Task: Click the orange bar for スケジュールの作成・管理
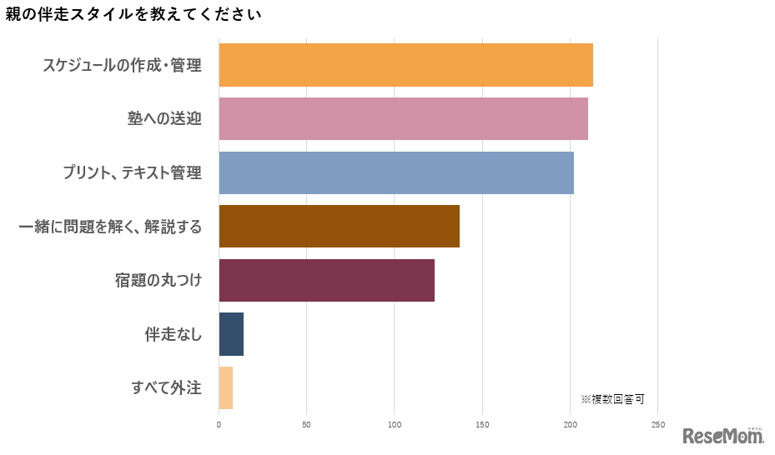(x=405, y=65)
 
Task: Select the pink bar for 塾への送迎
(x=403, y=118)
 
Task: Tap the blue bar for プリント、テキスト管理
(x=396, y=172)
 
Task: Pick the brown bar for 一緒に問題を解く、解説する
(x=339, y=226)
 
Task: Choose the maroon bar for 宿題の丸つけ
(x=326, y=280)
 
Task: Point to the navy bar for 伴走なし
(x=231, y=334)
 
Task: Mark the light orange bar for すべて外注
(x=226, y=387)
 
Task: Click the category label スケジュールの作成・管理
(x=123, y=65)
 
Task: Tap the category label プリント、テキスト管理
(x=132, y=172)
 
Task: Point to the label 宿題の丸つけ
(x=159, y=280)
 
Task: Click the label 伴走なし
(x=173, y=334)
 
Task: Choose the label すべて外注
(x=167, y=387)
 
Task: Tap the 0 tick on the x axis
(x=219, y=425)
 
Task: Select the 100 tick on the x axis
(x=395, y=425)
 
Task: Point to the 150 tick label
(x=482, y=425)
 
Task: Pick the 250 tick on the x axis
(x=657, y=425)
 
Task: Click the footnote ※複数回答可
(x=612, y=399)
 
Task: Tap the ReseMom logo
(x=722, y=436)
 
